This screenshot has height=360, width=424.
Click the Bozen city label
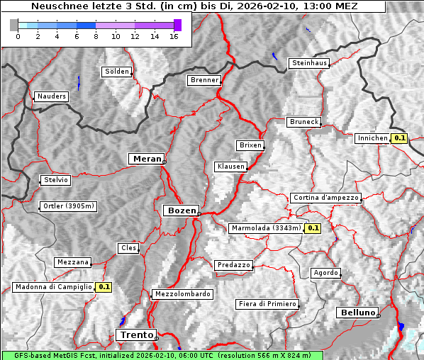point(181,210)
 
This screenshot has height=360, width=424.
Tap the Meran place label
point(145,159)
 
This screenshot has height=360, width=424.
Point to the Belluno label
point(357,313)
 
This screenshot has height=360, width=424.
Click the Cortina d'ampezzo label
point(325,198)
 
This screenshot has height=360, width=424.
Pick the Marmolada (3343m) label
point(266,228)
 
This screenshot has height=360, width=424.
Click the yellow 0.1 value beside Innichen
point(399,138)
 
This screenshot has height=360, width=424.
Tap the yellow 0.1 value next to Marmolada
point(313,228)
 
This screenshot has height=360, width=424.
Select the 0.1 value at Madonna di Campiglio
point(104,287)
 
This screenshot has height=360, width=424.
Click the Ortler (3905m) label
point(67,207)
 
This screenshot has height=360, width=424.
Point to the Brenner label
point(204,80)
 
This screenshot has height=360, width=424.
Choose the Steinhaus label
point(310,63)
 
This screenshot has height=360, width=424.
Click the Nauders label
point(50,96)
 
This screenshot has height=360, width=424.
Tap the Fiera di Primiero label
point(267,304)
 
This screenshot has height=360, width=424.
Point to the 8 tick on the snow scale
point(96,36)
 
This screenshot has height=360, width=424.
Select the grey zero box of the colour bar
point(14,25)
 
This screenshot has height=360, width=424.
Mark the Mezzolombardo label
point(182,293)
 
